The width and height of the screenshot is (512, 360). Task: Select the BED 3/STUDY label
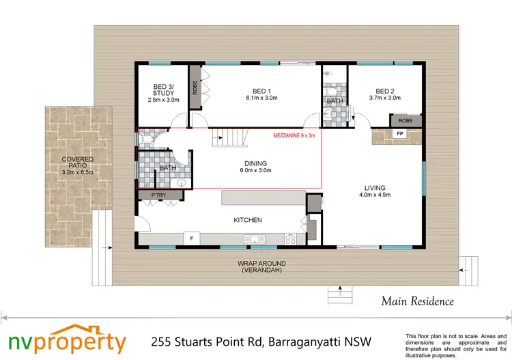click(162, 93)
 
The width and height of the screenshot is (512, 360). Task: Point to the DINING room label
click(256, 167)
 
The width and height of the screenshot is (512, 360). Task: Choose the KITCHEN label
click(248, 220)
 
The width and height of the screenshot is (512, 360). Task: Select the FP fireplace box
click(399, 135)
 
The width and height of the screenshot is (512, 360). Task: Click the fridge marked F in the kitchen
click(192, 238)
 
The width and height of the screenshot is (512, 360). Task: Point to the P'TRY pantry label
click(150, 195)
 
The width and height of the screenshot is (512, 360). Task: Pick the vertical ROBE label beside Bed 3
click(195, 87)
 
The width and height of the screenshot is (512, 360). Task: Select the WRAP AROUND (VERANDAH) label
click(261, 266)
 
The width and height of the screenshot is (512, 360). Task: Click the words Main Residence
click(417, 301)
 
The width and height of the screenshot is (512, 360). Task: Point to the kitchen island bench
click(262, 197)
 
